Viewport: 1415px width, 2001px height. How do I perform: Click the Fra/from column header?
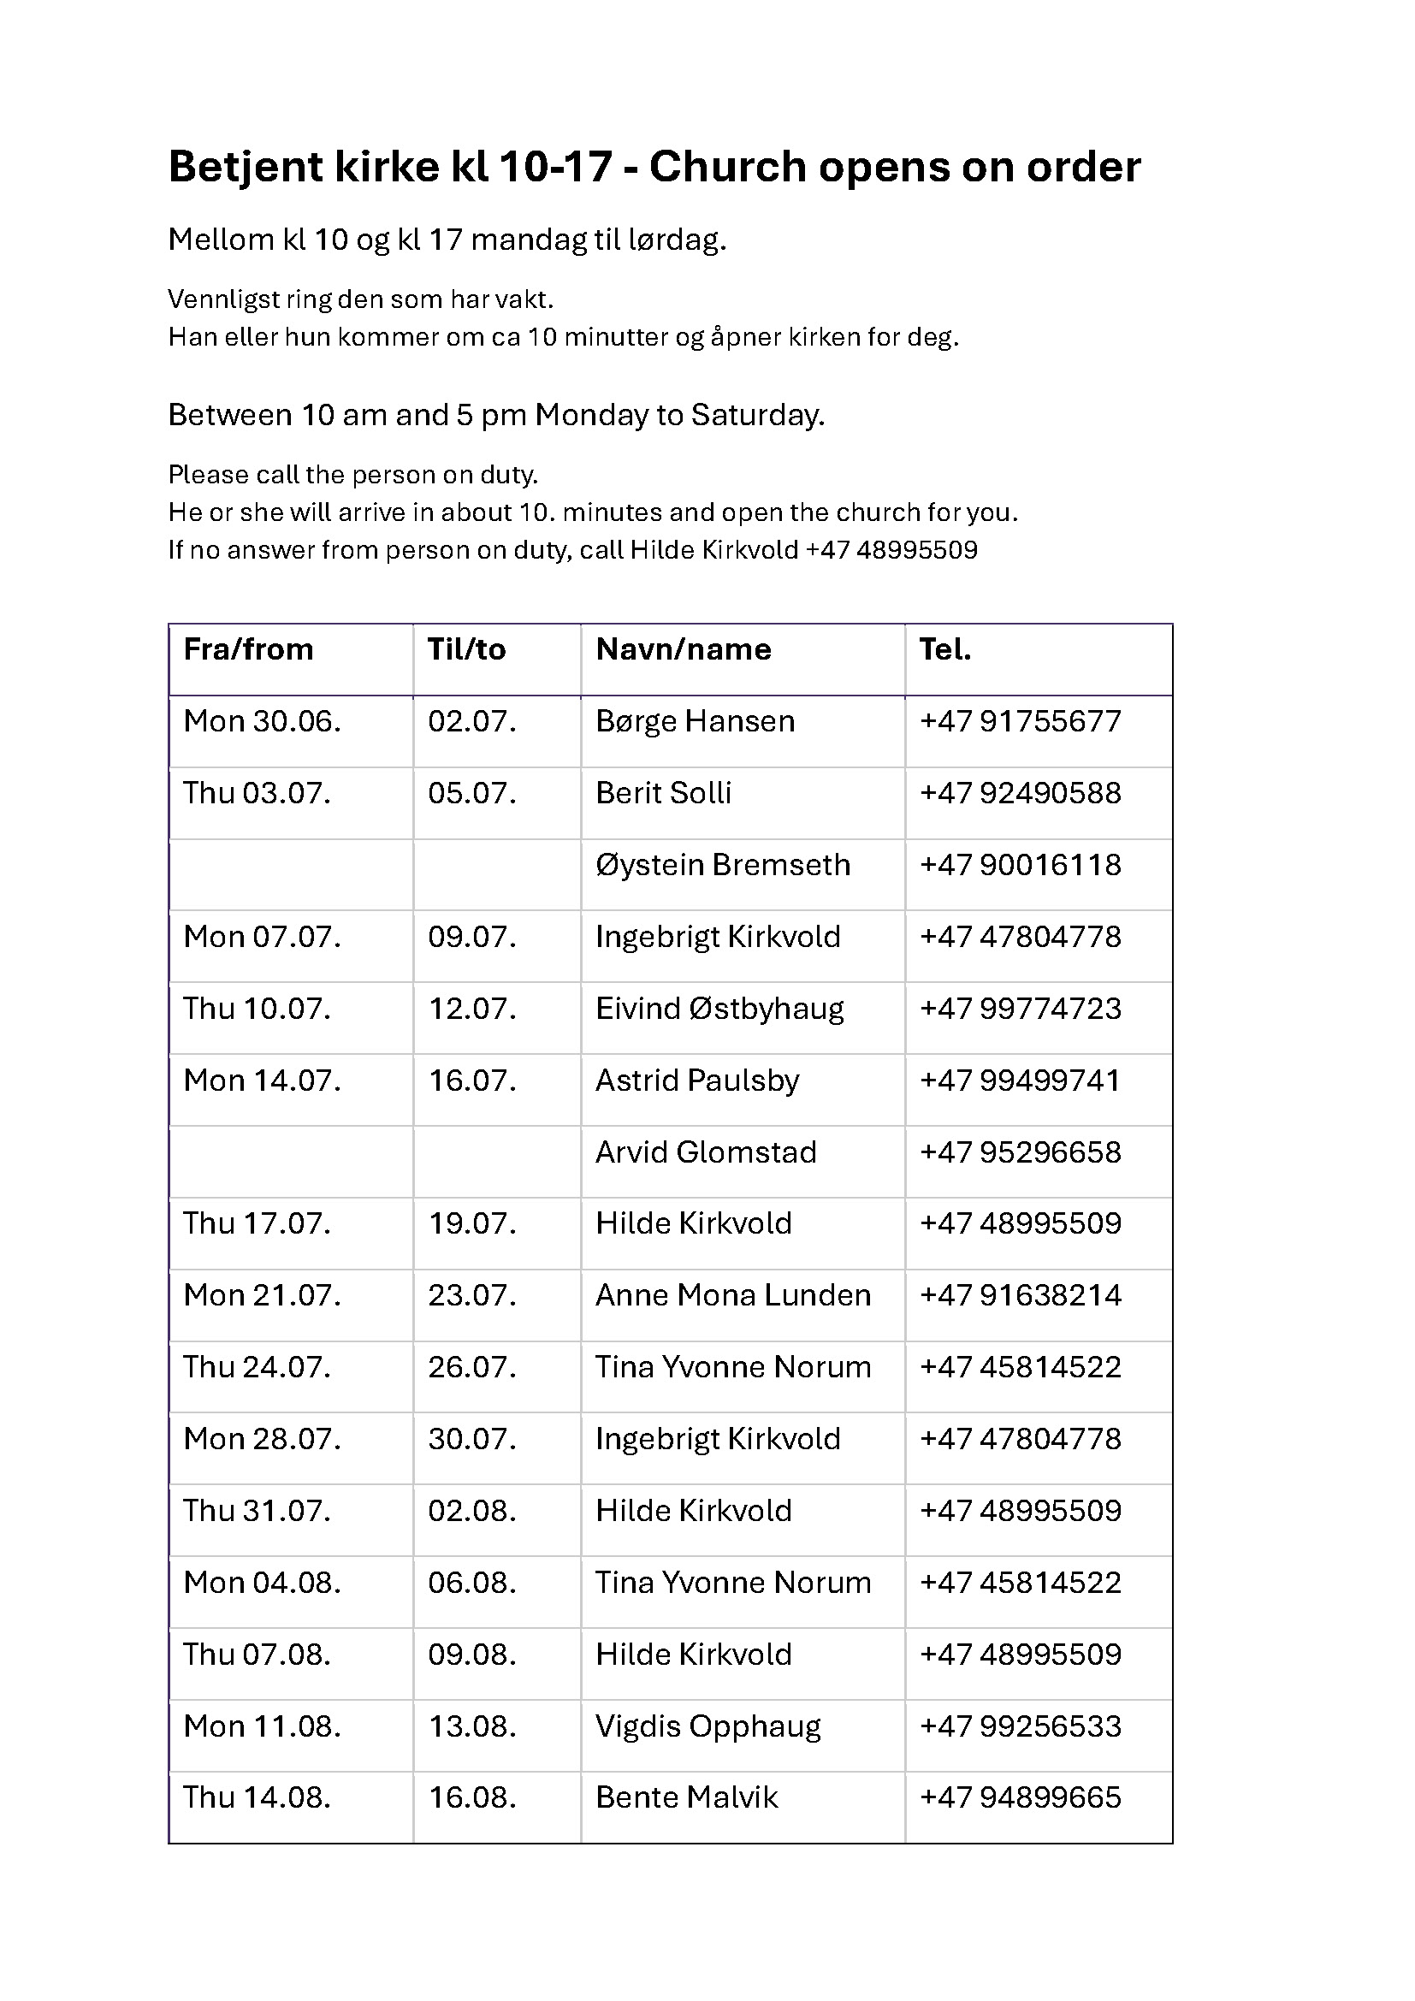(248, 650)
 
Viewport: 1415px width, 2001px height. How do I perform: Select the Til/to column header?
(466, 650)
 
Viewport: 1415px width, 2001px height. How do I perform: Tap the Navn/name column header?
(683, 650)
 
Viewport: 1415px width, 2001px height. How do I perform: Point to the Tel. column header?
(945, 650)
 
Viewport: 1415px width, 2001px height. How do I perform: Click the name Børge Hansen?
(695, 722)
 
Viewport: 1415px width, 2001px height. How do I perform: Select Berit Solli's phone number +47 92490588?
(1021, 794)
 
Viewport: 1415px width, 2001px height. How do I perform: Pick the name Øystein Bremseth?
(722, 866)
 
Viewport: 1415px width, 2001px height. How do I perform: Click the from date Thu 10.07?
(257, 1009)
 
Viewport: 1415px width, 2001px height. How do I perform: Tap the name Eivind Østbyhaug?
(719, 1009)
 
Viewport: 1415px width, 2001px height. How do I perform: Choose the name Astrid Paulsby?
(697, 1080)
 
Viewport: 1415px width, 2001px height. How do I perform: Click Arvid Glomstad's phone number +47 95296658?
(1021, 1153)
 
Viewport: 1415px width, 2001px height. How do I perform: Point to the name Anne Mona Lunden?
(733, 1296)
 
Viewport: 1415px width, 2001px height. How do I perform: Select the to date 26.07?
(471, 1367)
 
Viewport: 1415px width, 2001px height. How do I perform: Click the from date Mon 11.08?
(262, 1726)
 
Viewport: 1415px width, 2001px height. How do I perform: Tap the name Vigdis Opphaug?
(707, 1726)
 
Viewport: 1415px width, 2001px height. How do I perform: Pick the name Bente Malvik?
(687, 1798)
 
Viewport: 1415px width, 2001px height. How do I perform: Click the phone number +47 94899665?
(1021, 1798)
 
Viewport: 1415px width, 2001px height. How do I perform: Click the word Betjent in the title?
(238, 167)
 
